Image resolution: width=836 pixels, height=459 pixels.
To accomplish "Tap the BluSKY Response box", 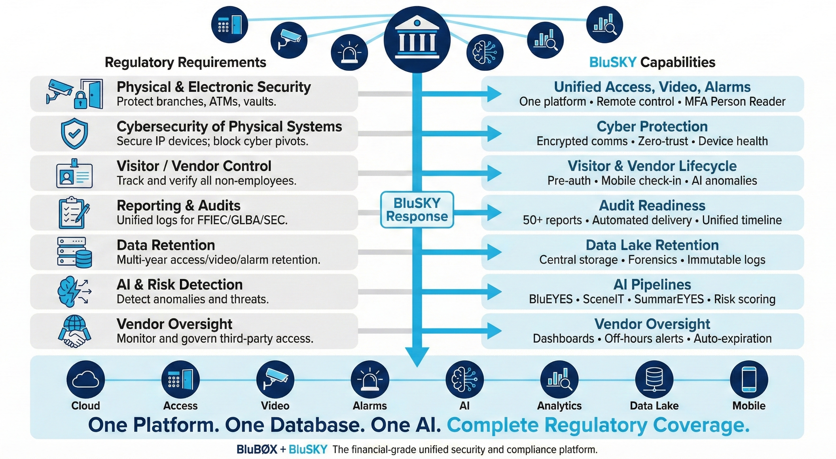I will [417, 210].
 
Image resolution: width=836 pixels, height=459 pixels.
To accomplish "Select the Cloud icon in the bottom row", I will [86, 380].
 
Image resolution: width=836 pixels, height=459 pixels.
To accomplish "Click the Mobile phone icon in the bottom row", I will [749, 380].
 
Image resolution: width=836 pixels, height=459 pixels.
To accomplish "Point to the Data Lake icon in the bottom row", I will [654, 380].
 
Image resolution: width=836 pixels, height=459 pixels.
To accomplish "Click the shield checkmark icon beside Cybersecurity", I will [74, 133].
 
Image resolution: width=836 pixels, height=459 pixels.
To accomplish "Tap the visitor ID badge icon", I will [74, 174].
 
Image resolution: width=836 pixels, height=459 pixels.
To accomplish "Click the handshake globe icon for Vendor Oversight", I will [74, 331].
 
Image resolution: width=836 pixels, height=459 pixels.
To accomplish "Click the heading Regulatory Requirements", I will [185, 62].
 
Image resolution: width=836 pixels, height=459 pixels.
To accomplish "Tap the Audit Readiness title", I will [652, 205].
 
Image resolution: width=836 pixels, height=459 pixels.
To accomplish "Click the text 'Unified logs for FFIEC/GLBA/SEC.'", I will [202, 220].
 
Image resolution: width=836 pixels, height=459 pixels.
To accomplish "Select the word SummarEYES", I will [669, 299].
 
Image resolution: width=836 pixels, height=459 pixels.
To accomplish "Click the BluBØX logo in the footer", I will [257, 449].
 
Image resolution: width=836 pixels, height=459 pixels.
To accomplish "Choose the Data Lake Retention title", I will [652, 245].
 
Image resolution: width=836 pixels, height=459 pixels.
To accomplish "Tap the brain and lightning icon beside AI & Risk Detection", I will [74, 292].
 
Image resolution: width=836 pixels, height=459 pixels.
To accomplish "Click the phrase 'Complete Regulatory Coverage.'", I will [598, 425].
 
